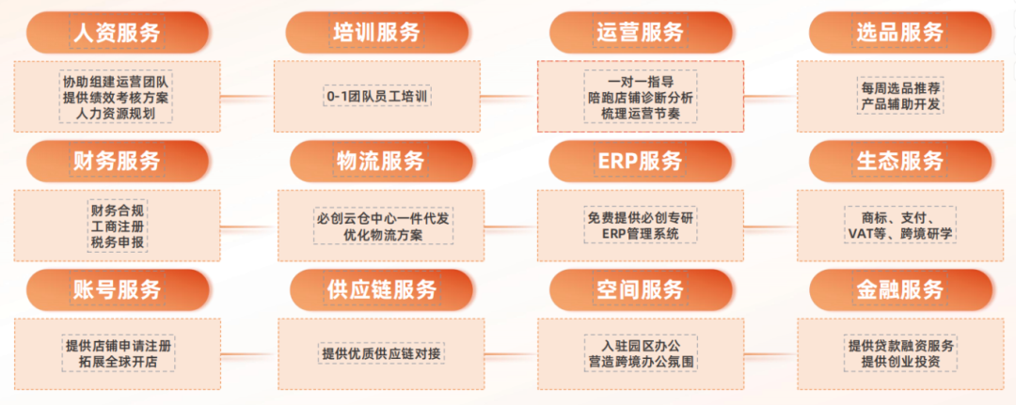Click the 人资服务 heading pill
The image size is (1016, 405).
point(118,33)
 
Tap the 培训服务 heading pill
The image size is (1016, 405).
point(377,33)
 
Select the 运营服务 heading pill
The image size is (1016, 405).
point(640,33)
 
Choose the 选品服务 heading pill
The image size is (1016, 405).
point(899,33)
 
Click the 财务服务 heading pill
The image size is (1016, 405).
point(118,161)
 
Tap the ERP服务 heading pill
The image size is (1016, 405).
point(640,161)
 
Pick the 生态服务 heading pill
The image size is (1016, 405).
point(899,161)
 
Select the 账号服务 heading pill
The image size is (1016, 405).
point(118,289)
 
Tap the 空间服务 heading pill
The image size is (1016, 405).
point(640,289)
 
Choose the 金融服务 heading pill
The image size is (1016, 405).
point(899,289)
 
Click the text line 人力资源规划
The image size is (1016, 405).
point(117,114)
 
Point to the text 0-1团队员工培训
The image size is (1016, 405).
point(377,97)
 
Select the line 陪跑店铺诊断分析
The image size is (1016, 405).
point(640,97)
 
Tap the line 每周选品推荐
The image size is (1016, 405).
point(900,87)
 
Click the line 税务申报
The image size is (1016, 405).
point(117,242)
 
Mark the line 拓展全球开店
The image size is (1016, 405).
point(117,362)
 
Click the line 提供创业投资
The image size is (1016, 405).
point(900,362)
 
